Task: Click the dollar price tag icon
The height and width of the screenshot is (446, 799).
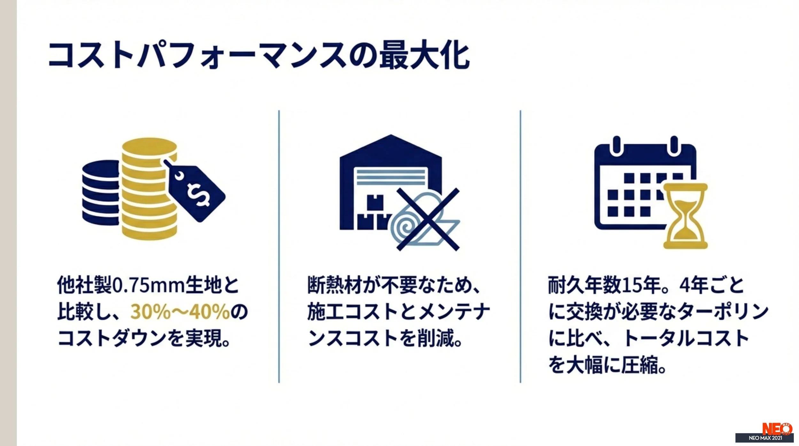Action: tap(196, 193)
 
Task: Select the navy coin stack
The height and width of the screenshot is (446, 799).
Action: tap(101, 193)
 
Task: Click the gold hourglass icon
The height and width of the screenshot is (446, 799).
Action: tap(685, 216)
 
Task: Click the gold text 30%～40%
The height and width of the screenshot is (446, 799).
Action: tap(180, 311)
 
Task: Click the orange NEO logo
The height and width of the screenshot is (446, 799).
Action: tap(777, 428)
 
